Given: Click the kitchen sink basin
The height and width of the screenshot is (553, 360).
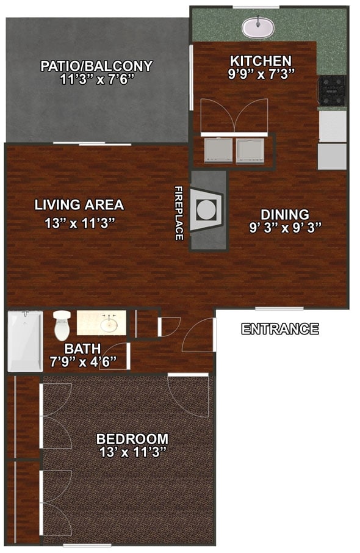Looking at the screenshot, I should point(258,27).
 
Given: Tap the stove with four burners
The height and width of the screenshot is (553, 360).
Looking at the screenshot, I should point(331,90).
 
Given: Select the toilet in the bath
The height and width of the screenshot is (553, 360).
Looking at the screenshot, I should point(62,326).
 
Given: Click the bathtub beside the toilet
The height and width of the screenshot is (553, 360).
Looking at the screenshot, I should point(25,341).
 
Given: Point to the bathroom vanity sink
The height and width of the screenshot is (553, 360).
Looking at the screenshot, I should point(109,322).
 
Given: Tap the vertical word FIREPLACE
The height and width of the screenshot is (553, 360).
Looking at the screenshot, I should point(179,213).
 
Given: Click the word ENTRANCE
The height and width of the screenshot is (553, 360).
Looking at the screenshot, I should point(280,330).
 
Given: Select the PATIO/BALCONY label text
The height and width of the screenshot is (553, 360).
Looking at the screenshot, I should point(96,66).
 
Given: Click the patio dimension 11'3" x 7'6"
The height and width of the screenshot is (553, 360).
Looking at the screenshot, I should point(96,79).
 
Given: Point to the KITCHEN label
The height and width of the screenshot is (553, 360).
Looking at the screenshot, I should point(261,61).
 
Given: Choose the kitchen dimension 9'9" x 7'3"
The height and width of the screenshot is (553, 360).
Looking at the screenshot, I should point(261,74).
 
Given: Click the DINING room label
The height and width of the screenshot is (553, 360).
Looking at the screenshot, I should point(285,214).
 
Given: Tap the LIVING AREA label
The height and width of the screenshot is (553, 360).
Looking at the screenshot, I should point(79,205).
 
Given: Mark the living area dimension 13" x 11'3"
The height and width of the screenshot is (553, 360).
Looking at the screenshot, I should point(80,223).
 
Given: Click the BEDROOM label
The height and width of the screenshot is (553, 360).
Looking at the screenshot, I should point(132,439).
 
